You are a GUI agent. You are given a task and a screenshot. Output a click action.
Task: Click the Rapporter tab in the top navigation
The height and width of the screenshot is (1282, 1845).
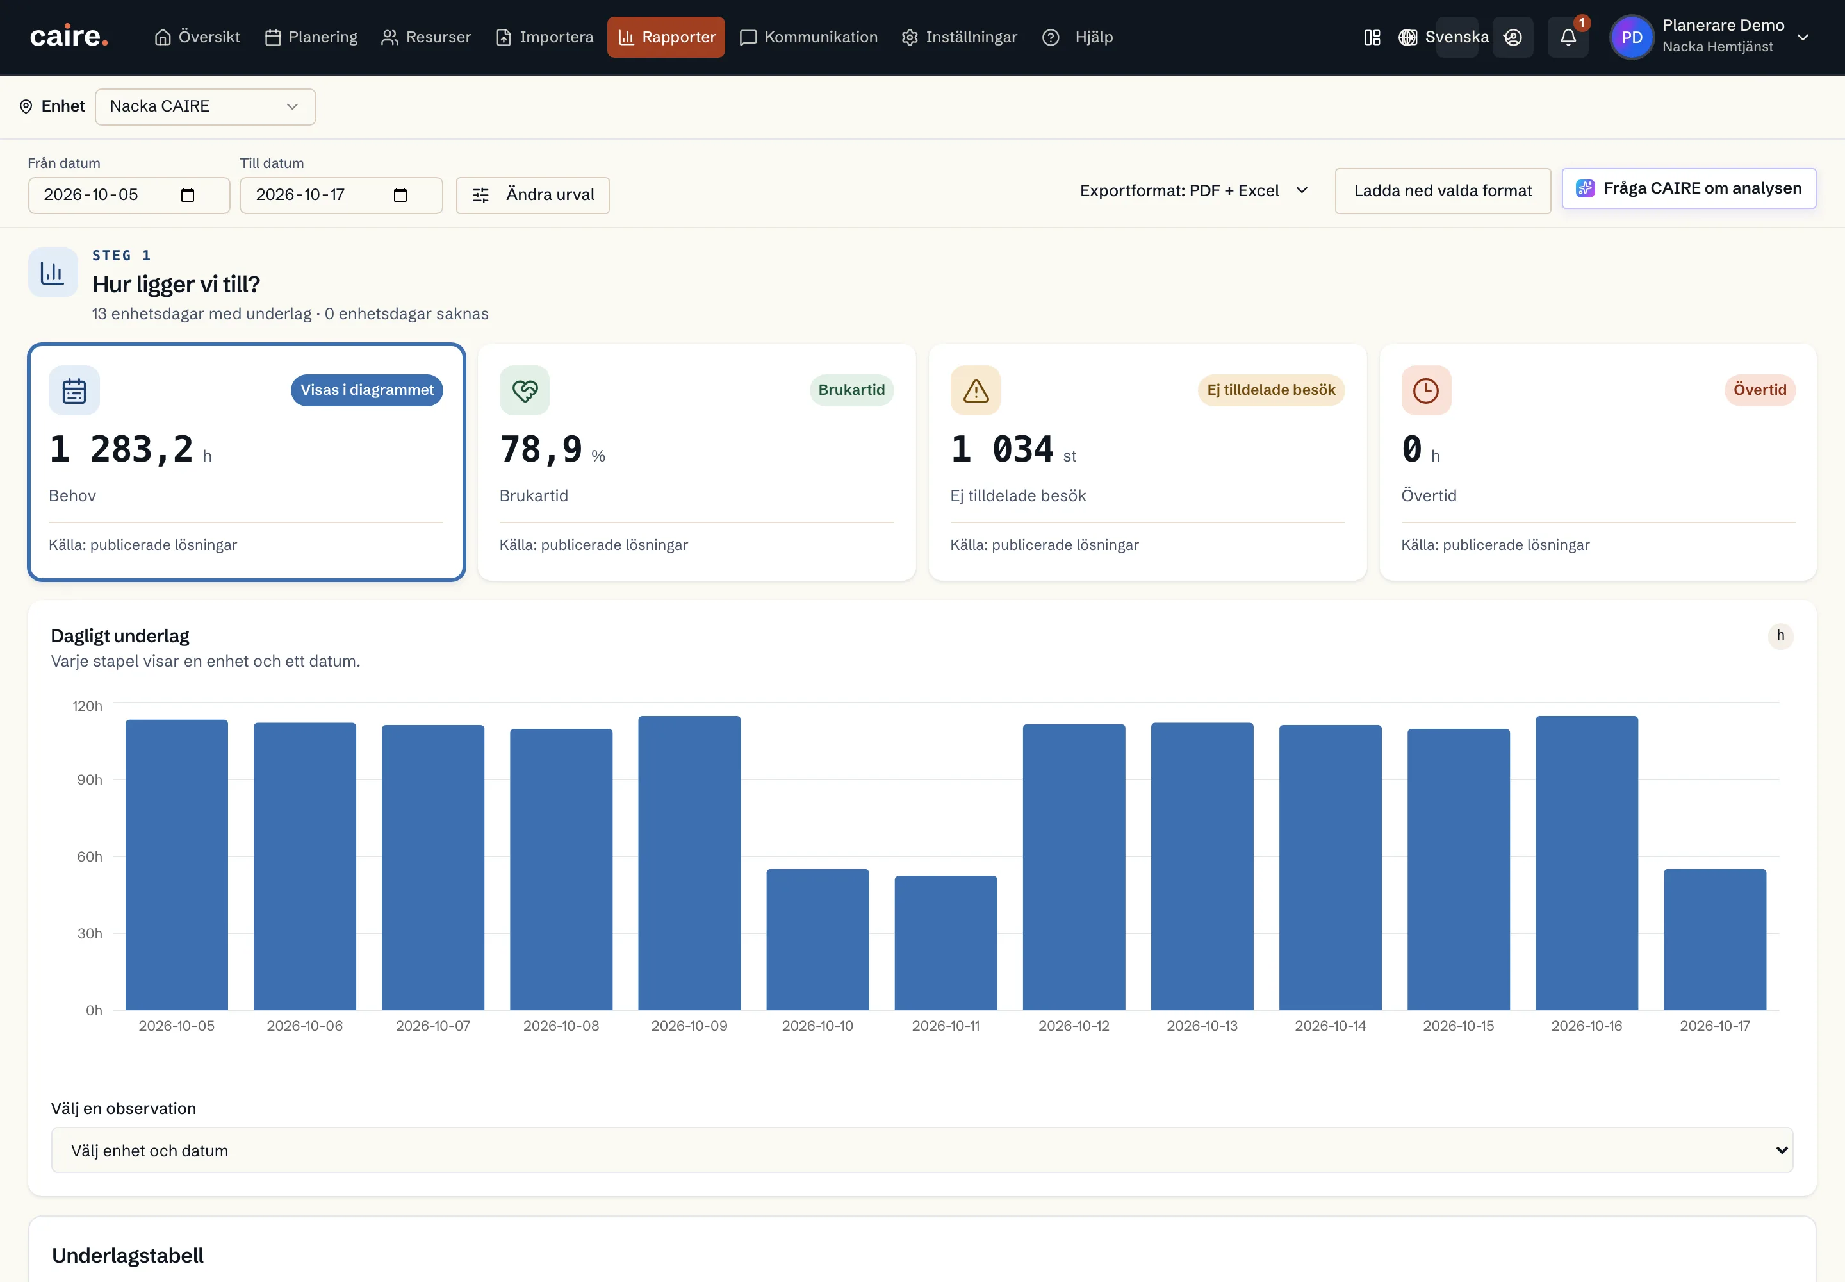point(666,37)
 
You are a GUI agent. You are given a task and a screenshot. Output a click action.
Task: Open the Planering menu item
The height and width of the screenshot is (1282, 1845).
point(311,37)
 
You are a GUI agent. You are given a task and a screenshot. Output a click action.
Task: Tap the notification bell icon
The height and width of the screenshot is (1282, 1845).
point(1567,37)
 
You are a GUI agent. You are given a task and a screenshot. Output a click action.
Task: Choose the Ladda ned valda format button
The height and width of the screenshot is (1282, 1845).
point(1443,191)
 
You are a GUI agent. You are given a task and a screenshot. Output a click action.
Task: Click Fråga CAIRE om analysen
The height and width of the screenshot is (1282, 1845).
point(1689,188)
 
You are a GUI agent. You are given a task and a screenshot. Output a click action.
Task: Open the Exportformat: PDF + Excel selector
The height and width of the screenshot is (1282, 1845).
point(1194,191)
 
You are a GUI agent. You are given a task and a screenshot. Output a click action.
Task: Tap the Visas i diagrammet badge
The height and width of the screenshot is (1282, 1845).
point(367,390)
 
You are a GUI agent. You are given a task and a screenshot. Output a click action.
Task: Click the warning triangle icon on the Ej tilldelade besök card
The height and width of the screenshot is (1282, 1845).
point(976,391)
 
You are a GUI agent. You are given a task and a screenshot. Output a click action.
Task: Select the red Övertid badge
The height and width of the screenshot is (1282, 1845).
point(1760,390)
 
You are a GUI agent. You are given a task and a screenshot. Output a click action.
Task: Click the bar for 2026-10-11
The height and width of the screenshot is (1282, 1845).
point(946,943)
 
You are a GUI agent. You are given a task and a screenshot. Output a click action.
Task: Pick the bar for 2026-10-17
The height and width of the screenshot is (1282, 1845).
point(1715,940)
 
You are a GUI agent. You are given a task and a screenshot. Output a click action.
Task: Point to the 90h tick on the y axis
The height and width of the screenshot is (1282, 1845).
point(89,780)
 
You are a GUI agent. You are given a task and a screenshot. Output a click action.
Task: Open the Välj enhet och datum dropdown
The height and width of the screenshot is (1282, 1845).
point(922,1150)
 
